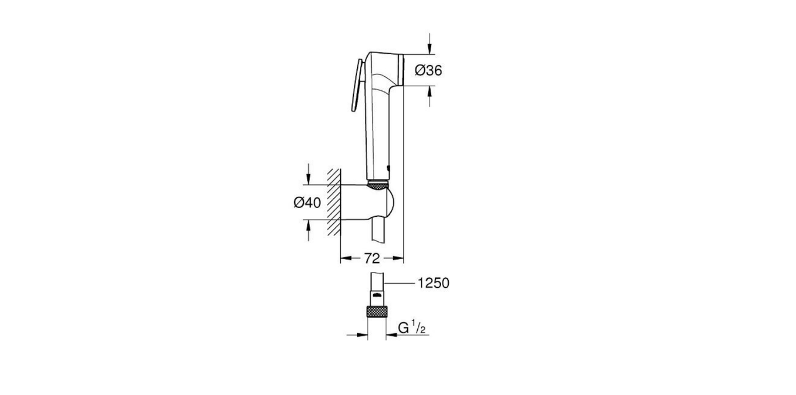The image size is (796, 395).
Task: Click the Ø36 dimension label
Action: click(x=428, y=70)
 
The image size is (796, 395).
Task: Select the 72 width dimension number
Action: click(x=372, y=257)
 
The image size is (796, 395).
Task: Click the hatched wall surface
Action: click(x=333, y=202)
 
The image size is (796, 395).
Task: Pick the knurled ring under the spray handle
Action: click(x=378, y=185)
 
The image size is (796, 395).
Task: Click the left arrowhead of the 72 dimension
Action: click(x=345, y=257)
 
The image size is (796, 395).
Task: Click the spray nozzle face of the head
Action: click(x=401, y=70)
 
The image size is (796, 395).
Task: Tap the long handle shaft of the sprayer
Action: click(x=377, y=134)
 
